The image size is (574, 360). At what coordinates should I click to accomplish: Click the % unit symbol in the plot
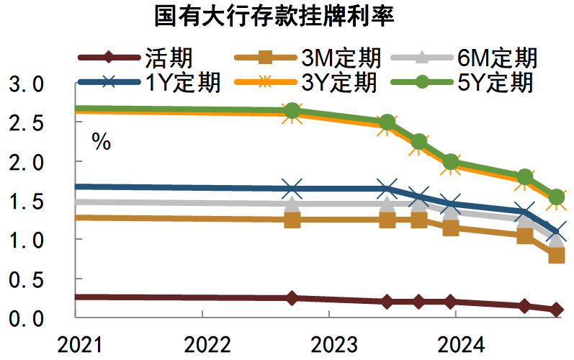pos(101,143)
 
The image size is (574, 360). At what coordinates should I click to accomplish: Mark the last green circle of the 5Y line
pos(556,197)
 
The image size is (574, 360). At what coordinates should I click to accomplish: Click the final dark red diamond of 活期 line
pos(556,310)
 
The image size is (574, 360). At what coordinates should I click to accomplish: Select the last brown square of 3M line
pos(556,255)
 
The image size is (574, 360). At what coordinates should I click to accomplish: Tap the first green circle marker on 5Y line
pos(292,110)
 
